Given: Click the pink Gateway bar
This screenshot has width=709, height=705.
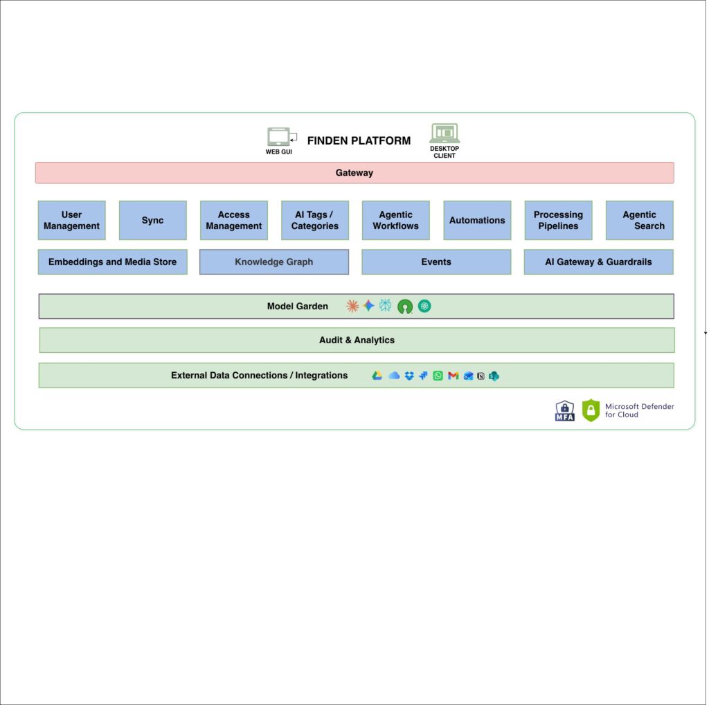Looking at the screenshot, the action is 354,173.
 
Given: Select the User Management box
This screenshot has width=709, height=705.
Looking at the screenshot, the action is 71,220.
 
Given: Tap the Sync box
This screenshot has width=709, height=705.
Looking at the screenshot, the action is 153,220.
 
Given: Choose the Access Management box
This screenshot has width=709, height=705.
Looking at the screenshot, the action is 234,220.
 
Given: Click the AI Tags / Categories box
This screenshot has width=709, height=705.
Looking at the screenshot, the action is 315,220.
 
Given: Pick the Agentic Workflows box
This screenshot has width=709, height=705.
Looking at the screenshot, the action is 395,220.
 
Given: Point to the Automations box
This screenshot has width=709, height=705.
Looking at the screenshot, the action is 477,220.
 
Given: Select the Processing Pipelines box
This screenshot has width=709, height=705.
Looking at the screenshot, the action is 559,220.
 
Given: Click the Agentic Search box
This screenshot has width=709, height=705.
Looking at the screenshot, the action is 639,220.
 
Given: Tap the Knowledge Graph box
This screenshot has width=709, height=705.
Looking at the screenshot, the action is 274,262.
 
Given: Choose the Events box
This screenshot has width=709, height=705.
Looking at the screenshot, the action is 436,262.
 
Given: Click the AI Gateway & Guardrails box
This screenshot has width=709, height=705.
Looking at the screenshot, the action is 599,262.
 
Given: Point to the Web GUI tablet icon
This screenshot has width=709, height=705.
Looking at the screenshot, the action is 281,136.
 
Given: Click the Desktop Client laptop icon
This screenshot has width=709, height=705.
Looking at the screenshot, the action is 445,133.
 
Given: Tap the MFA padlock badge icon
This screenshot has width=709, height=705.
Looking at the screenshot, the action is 565,411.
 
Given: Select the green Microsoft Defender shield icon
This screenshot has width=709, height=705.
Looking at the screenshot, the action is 591,410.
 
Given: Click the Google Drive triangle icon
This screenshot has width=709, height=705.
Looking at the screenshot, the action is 377,376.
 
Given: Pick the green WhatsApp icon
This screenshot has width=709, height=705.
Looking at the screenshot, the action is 438,376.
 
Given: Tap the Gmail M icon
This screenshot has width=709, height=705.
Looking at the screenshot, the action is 453,376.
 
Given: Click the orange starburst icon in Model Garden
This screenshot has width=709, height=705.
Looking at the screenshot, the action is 352,306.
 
